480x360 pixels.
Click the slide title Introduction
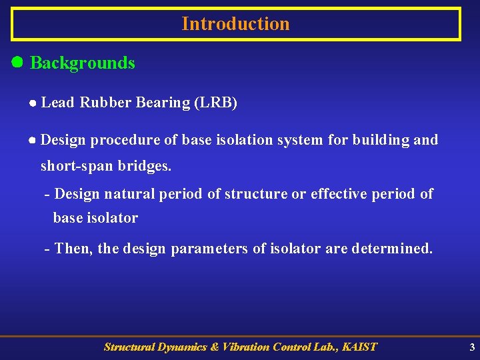(235, 24)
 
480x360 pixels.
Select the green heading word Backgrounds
(83, 63)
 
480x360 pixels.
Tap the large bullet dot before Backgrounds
(18, 63)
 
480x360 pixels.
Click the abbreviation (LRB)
(215, 103)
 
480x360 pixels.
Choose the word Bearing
(163, 103)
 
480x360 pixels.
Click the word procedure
(123, 140)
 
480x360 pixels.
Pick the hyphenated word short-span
(77, 166)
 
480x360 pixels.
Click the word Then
(74, 249)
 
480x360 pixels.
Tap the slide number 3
(472, 347)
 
